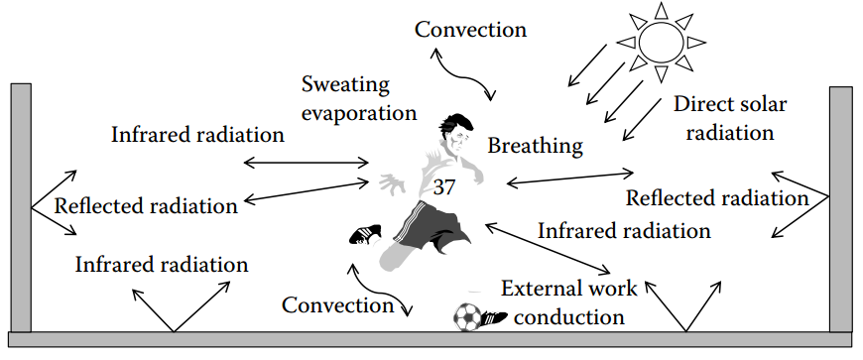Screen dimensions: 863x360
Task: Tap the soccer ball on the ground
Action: (x=466, y=317)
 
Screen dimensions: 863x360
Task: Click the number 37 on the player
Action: (x=444, y=186)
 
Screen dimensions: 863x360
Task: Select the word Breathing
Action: (x=535, y=146)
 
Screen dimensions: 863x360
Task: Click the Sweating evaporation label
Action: (x=358, y=98)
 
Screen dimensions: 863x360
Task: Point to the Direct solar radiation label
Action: (x=723, y=117)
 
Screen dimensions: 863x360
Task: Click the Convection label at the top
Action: (x=470, y=29)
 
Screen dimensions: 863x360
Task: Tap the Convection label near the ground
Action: (x=338, y=304)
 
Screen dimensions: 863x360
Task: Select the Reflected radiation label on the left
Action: (x=146, y=206)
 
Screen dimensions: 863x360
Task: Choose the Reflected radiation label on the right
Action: (x=717, y=197)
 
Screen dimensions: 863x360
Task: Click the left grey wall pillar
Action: (x=21, y=207)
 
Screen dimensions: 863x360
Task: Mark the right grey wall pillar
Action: (x=840, y=208)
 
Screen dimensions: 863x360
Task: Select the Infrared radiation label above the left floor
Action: (x=161, y=265)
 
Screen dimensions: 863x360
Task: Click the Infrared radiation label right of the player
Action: (x=624, y=231)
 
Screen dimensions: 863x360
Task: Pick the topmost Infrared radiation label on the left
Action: (x=198, y=134)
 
